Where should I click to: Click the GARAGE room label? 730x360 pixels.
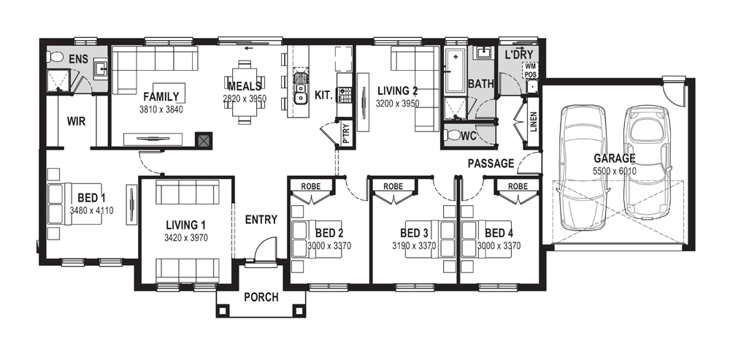click(x=615, y=158)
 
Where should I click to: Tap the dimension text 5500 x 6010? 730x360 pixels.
click(x=615, y=171)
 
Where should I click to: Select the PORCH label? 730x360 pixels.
click(x=261, y=297)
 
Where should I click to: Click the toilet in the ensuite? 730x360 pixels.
click(x=55, y=57)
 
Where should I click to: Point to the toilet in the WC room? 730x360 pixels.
click(x=452, y=136)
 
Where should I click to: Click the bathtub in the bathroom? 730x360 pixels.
click(x=456, y=72)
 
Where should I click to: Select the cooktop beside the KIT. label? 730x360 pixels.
click(x=345, y=94)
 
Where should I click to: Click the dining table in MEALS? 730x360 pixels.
click(x=245, y=92)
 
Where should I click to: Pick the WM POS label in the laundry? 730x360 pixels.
click(x=531, y=70)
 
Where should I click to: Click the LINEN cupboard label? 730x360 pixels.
click(x=534, y=122)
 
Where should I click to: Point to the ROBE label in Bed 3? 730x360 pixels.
click(x=393, y=186)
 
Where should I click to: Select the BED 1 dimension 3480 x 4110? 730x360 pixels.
click(x=91, y=210)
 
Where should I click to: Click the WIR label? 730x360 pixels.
click(x=77, y=121)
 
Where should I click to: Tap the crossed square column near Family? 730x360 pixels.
click(x=204, y=140)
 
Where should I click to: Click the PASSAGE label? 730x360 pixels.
click(x=491, y=164)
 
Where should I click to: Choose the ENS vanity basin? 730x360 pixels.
click(x=101, y=69)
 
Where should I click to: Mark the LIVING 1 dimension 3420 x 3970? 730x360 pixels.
click(x=185, y=238)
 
